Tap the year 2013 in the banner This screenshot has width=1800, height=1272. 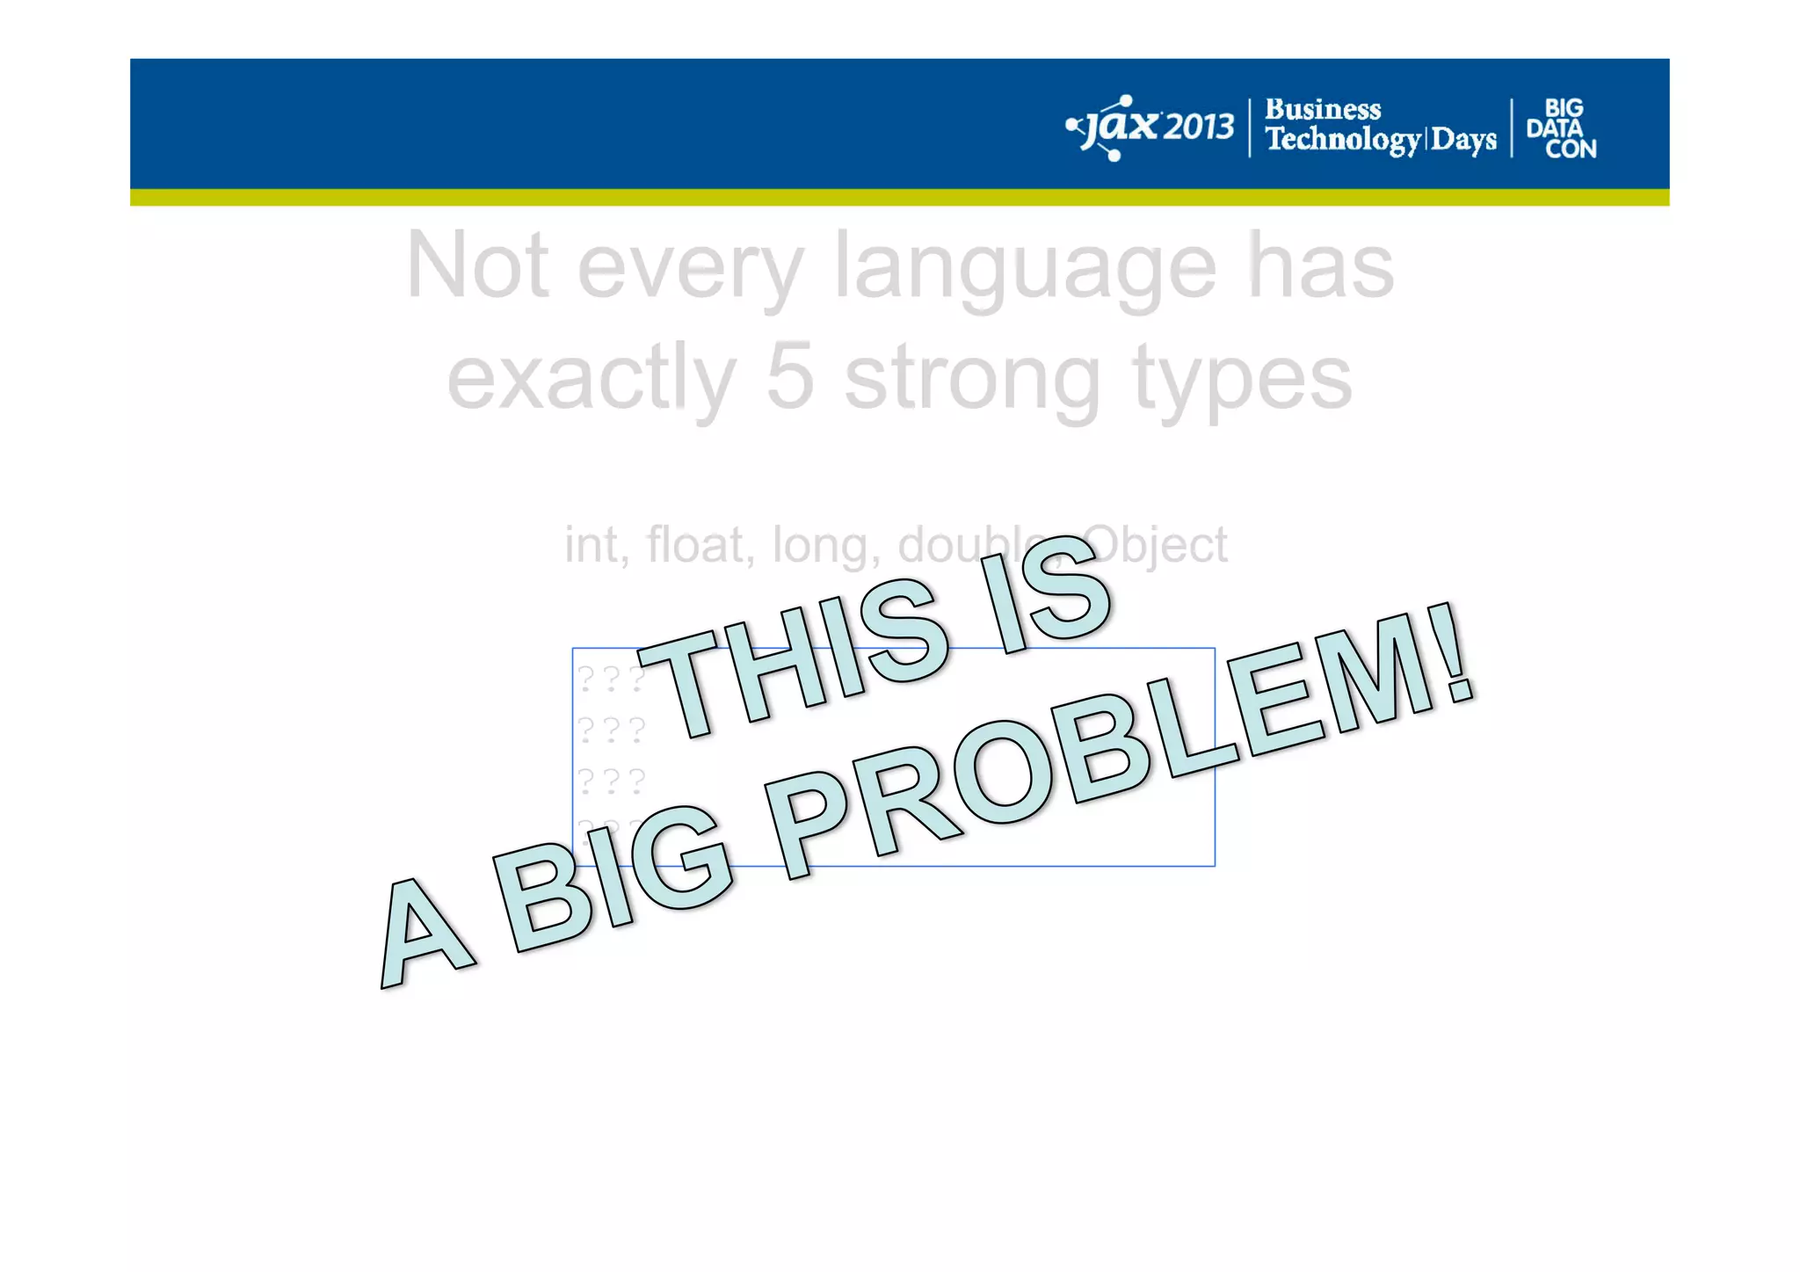tap(1200, 128)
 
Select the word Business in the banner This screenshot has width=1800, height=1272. tap(1323, 110)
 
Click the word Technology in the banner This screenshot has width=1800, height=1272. tap(1342, 140)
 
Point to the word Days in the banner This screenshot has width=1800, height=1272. tap(1463, 140)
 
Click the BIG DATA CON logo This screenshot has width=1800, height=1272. tap(1562, 128)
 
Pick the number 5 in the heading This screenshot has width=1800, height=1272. tap(788, 378)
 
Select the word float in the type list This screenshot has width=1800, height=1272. tap(694, 545)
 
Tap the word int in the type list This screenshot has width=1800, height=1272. tap(595, 545)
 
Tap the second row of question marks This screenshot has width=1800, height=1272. tap(612, 729)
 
